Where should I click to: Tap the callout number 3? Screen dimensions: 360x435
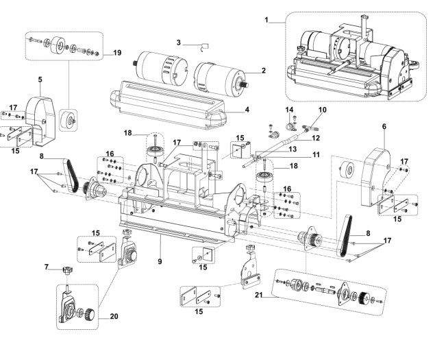coord(177,43)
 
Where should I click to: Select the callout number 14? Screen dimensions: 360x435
coord(288,109)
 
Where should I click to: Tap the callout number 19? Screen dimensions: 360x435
coord(117,51)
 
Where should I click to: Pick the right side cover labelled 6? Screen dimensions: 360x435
coord(373,165)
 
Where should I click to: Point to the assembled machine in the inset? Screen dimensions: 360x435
coord(349,55)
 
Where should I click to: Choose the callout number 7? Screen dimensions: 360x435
coord(47,266)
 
